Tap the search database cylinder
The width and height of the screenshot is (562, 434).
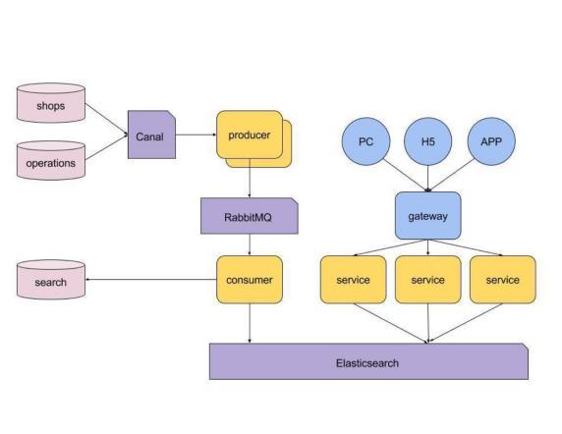coord(51,282)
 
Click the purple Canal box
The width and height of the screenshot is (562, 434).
coord(151,135)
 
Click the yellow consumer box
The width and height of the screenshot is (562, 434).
coord(249,280)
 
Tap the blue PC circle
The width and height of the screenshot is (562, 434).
coord(365,141)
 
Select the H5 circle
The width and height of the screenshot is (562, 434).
coord(427,141)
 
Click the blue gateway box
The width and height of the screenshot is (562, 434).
coord(427,216)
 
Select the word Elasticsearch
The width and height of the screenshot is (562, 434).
coord(369,362)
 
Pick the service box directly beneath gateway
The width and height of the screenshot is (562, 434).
coord(427,280)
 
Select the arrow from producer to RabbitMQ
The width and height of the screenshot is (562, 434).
coord(249,181)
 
